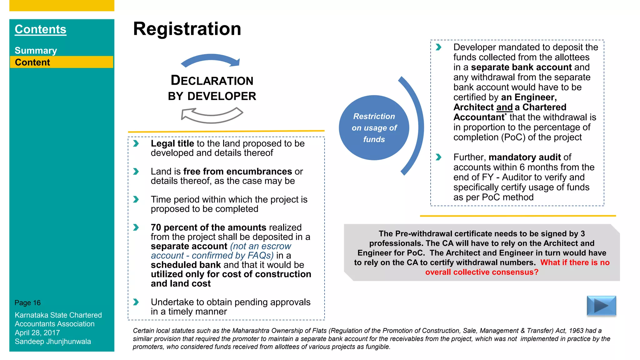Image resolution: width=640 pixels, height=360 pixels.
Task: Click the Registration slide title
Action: point(187,29)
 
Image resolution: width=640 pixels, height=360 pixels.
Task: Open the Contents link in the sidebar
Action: point(40,29)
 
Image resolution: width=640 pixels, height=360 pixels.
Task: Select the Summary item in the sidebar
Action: point(36,51)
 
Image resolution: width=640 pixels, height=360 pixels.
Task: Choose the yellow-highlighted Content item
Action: point(32,62)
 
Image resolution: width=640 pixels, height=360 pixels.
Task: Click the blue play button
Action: point(601,305)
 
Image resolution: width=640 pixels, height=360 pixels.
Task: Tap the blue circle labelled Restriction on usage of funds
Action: point(374,127)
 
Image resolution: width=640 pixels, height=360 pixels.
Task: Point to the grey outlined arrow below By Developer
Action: point(212,115)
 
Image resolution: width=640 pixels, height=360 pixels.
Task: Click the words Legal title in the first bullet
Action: point(172,143)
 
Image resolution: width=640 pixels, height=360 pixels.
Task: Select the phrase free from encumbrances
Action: point(237,172)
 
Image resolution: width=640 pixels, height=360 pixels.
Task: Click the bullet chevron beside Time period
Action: point(136,199)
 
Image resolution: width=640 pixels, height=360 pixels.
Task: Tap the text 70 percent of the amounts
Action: point(208,227)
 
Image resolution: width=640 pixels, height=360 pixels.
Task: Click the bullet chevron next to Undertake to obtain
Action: point(136,302)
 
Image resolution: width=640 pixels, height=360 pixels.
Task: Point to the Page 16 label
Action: point(27,303)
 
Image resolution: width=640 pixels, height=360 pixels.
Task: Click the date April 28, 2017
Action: point(37,333)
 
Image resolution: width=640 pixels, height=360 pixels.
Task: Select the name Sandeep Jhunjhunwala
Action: point(53,342)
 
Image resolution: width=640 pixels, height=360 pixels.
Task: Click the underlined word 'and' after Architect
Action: point(504,107)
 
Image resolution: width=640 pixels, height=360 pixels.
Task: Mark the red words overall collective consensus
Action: point(482,272)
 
